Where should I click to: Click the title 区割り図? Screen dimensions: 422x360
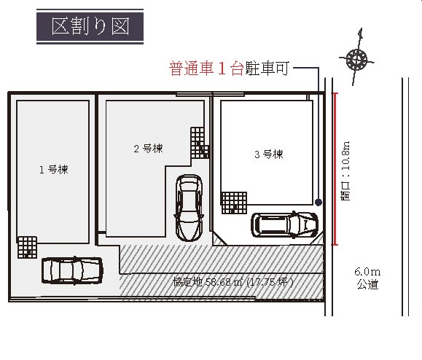pos(90,26)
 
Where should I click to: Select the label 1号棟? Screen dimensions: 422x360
pos(54,170)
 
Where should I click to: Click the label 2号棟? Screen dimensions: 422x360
pos(148,148)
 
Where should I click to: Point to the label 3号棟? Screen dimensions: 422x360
pos(269,154)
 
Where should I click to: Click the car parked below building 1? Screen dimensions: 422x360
pos(72,270)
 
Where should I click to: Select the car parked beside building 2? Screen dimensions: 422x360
pos(189,208)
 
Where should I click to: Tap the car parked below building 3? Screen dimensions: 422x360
pos(284,224)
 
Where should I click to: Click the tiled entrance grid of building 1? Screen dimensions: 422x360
pos(27,247)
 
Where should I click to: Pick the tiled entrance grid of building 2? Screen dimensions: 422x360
pos(200,143)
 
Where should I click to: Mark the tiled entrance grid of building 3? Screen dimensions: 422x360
pos(234,203)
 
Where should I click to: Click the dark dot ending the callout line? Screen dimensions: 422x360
pos(319,202)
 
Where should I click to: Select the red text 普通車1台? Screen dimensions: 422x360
pos(206,69)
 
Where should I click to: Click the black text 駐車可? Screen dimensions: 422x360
pos(267,68)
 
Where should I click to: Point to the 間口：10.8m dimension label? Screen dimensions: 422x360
pos(345,171)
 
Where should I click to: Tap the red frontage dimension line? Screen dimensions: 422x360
pos(335,169)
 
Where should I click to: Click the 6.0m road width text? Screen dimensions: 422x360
pos(367,272)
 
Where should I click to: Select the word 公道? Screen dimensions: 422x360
pos(367,284)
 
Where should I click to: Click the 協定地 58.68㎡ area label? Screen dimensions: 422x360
pos(233,282)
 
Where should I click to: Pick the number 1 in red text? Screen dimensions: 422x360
pos(222,69)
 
